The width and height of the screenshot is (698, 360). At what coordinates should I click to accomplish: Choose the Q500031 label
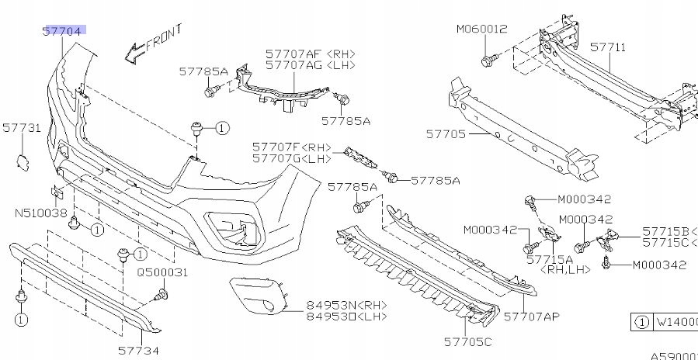tap(163, 272)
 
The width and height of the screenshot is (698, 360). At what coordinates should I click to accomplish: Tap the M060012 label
tap(481, 29)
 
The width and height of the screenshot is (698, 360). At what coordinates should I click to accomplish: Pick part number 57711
tap(608, 47)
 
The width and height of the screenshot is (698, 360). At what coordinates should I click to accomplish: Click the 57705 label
tap(445, 134)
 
